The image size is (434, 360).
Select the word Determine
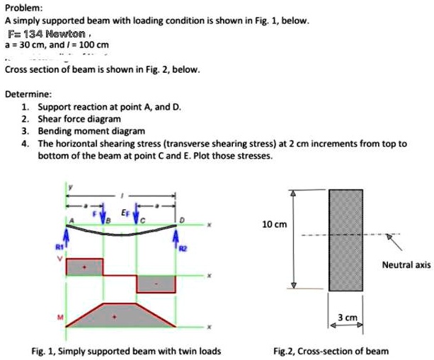tap(26, 94)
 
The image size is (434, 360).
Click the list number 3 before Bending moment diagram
tap(25, 132)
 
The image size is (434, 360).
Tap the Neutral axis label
tap(406, 265)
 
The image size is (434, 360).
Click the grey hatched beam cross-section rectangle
tap(346, 239)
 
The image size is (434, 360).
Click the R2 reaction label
tap(185, 248)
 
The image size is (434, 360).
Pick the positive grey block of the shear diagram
tap(85, 267)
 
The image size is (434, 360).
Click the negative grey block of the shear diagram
tap(156, 283)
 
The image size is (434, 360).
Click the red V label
tap(59, 257)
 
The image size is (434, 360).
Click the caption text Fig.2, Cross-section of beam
tap(331, 350)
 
